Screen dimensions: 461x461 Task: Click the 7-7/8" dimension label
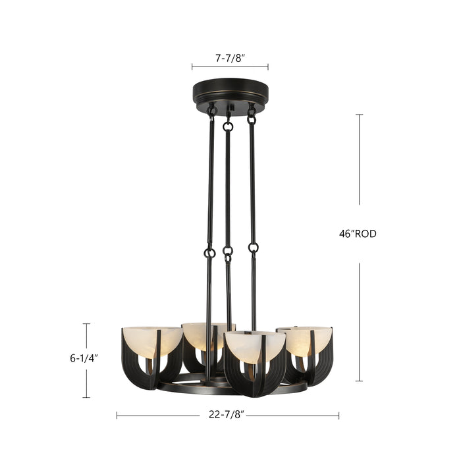[x=230, y=58]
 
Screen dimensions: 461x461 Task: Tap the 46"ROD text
[x=359, y=234]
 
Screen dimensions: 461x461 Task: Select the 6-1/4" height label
[x=84, y=359]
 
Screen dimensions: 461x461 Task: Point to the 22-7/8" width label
[x=227, y=416]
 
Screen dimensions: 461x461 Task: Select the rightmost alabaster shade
[x=304, y=338]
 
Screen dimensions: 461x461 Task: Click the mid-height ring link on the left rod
[x=209, y=252]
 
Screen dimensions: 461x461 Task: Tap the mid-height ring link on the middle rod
[x=228, y=251]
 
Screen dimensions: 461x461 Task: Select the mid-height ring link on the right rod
[x=254, y=248]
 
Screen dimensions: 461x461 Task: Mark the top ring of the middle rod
[x=228, y=126]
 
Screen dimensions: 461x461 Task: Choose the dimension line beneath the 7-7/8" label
[x=230, y=67]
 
